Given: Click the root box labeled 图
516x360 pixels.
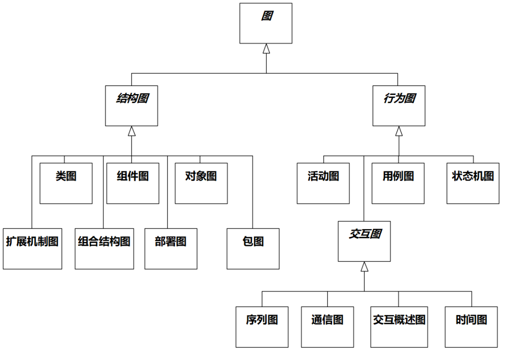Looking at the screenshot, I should (x=266, y=23).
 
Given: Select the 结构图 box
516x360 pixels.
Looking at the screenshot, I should (x=131, y=106).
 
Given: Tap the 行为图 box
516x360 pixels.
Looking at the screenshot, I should (x=399, y=106).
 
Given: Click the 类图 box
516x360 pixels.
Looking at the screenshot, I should (x=66, y=183).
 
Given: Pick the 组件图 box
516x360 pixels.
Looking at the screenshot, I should (x=133, y=183).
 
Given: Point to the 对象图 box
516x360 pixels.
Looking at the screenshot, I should (x=201, y=183).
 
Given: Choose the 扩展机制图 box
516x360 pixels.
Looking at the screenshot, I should (x=32, y=249).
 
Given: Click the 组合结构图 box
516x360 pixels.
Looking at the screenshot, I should (x=104, y=249).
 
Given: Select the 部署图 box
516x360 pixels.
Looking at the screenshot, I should (x=171, y=249).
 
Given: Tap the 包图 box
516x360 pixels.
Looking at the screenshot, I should (x=253, y=249).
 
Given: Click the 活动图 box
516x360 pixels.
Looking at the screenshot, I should (x=323, y=183).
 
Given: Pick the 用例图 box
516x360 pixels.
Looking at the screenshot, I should (x=398, y=183).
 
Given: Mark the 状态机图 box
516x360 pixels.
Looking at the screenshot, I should (x=473, y=183).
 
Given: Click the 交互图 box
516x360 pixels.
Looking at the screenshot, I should (x=364, y=241).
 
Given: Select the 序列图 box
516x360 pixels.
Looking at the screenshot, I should (x=262, y=327).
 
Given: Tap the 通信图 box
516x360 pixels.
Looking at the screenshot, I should (x=327, y=327).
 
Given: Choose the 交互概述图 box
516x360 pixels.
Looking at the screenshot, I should (x=399, y=327).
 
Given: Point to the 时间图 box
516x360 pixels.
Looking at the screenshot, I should (x=471, y=327).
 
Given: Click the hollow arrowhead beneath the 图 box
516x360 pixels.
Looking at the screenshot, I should (x=266, y=48).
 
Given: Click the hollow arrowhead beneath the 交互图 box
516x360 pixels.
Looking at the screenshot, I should (x=364, y=266).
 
